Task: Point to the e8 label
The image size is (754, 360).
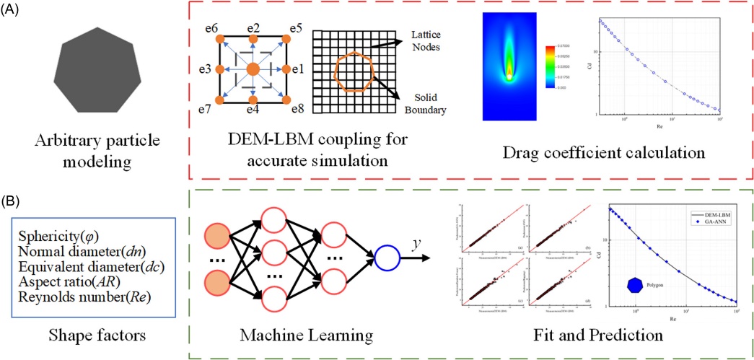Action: [x=296, y=110]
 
